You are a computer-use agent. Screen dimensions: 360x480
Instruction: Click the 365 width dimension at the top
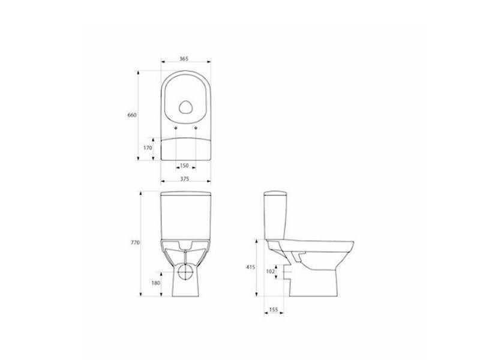point(184,58)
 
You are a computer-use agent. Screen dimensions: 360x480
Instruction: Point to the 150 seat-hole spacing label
point(184,165)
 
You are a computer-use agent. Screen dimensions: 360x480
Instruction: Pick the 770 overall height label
point(135,242)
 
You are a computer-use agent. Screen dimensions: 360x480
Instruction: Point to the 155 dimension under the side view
point(274,309)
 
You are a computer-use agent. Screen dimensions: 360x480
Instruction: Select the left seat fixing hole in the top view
point(175,128)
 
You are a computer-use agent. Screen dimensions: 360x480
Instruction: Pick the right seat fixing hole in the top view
point(196,128)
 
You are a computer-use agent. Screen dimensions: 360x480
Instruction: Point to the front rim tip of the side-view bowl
point(353,247)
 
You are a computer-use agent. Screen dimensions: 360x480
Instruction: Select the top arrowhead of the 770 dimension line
point(140,194)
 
